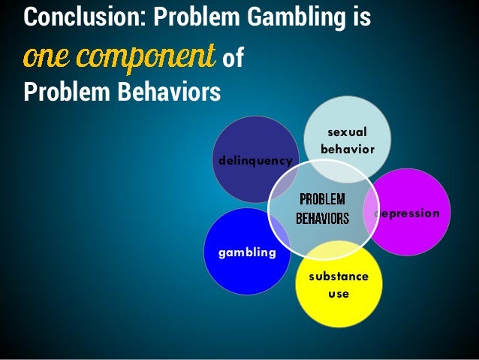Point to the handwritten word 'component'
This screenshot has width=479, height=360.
click(x=143, y=57)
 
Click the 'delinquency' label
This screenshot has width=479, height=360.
click(x=255, y=160)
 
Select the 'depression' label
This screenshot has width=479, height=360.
click(x=411, y=213)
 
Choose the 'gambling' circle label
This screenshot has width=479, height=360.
click(x=247, y=253)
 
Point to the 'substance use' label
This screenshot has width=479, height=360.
click(x=339, y=285)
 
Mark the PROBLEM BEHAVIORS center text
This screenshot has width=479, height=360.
click(x=322, y=210)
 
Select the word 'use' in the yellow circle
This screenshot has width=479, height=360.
click(x=339, y=293)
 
